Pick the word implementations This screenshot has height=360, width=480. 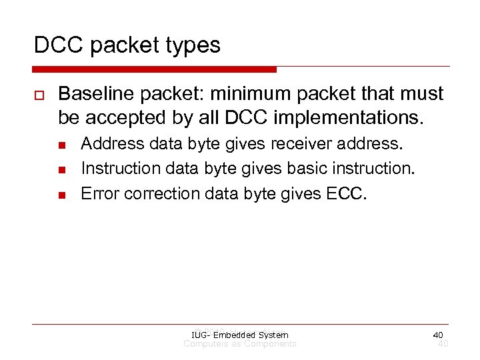click(x=357, y=118)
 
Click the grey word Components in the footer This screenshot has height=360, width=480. click(x=269, y=344)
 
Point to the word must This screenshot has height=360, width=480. click(x=422, y=94)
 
